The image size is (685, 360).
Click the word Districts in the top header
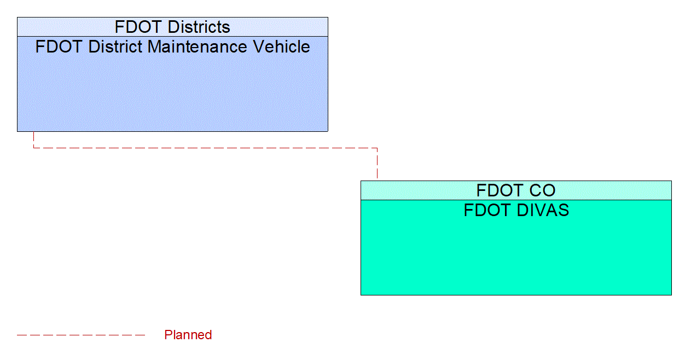[199, 27]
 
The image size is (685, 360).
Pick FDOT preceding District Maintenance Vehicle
[59, 47]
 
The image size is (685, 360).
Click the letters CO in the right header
[543, 190]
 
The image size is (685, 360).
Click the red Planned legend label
[188, 335]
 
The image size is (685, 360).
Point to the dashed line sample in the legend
[81, 335]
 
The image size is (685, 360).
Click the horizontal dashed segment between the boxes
[205, 148]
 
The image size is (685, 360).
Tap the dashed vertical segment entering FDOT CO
[377, 164]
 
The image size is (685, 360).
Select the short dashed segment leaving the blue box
[34, 140]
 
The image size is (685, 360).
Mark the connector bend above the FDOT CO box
[377, 148]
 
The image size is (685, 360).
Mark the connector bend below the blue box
[34, 148]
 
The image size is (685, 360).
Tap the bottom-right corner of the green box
[671, 294]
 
